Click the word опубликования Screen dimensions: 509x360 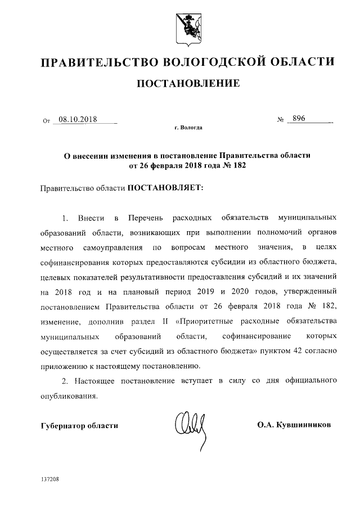pos(69,395)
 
